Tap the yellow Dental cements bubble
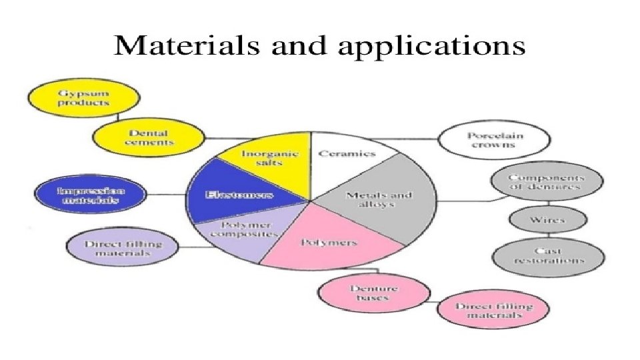147,137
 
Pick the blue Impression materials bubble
89,195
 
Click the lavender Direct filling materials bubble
123,249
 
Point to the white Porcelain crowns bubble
495,139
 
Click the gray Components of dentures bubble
546,181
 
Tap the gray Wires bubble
548,219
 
